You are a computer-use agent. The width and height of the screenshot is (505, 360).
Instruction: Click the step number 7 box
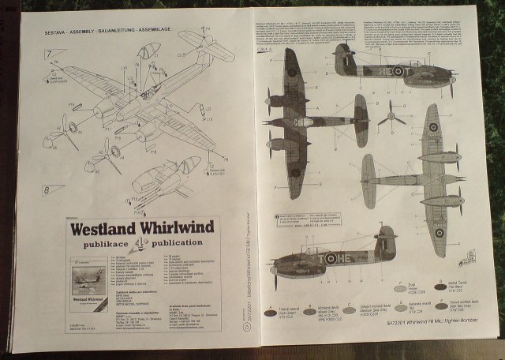(54, 54)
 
